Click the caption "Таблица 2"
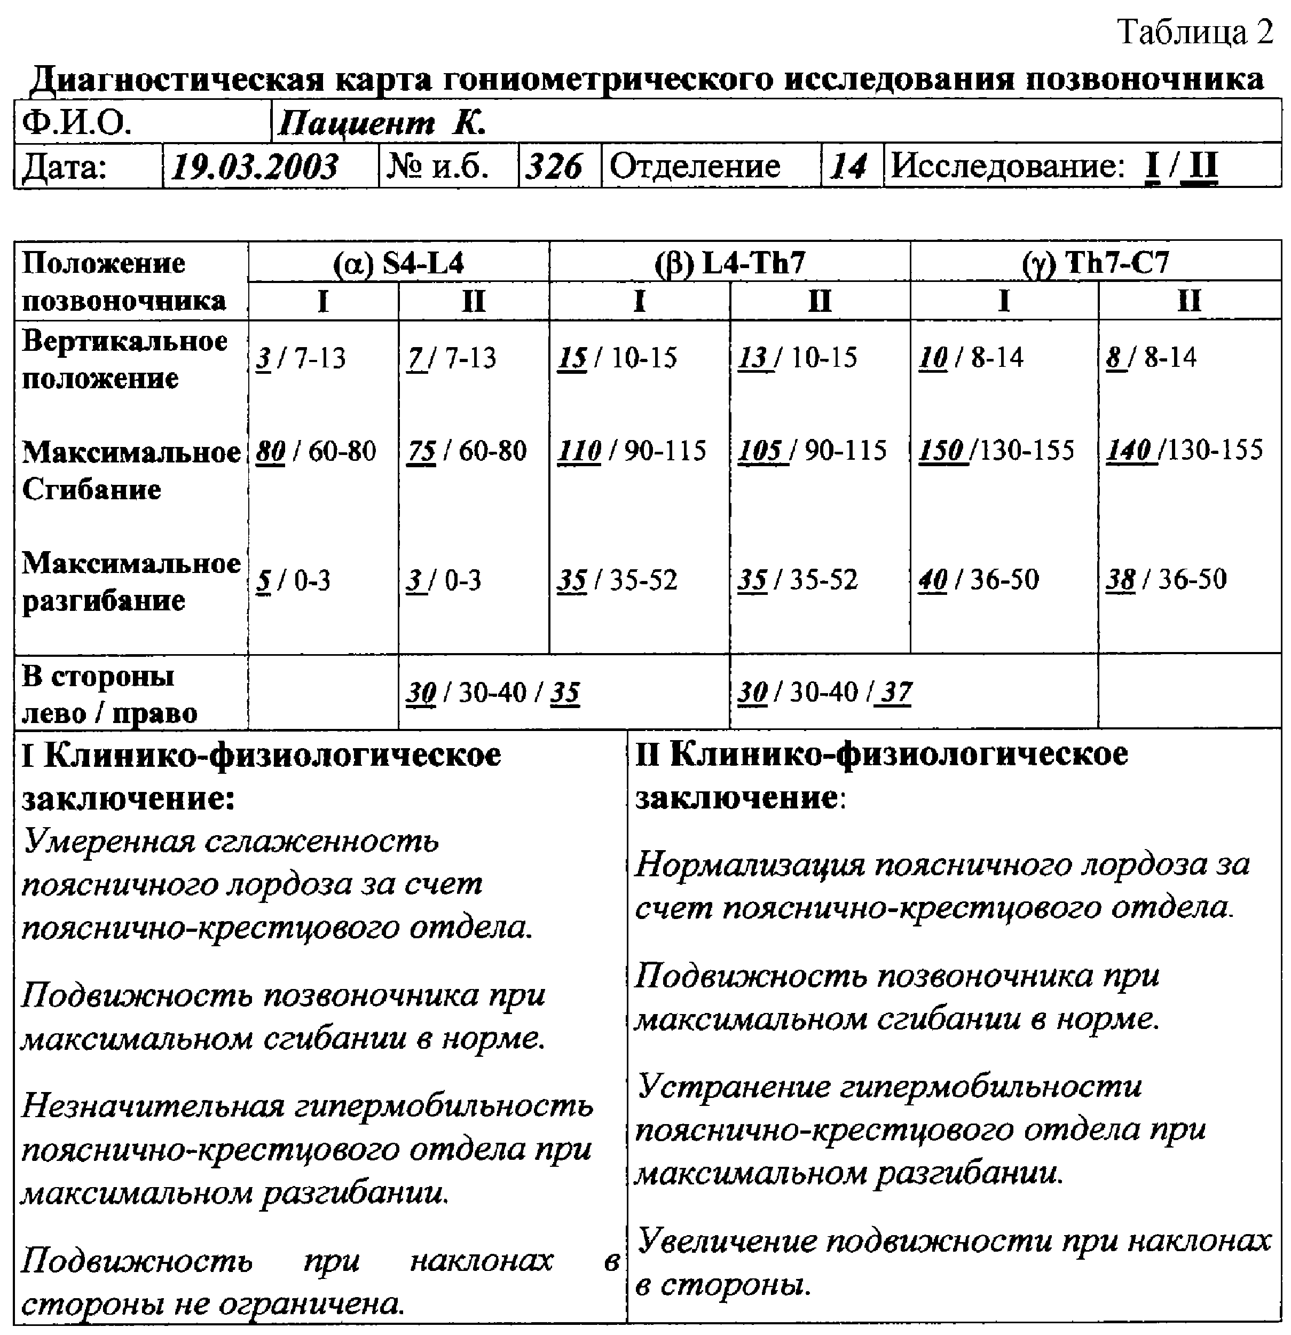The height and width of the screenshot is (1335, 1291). tap(1195, 32)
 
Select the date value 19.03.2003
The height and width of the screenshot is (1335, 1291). tap(254, 166)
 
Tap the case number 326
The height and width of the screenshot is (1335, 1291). tap(554, 166)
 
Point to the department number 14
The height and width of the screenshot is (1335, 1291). tap(848, 166)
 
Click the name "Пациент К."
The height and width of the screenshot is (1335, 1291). tap(381, 124)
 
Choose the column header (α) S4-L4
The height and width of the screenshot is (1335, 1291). tap(398, 262)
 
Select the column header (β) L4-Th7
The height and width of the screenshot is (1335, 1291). tap(729, 262)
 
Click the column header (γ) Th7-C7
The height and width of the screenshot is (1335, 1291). tap(1095, 262)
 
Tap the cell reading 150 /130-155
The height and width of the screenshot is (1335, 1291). tap(996, 450)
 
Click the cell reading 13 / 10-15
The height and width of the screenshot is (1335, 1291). tap(797, 358)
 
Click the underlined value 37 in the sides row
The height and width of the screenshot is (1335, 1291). tap(895, 692)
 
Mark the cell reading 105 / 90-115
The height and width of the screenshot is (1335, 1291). tap(812, 450)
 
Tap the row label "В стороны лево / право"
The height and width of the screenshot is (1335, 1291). tap(109, 694)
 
